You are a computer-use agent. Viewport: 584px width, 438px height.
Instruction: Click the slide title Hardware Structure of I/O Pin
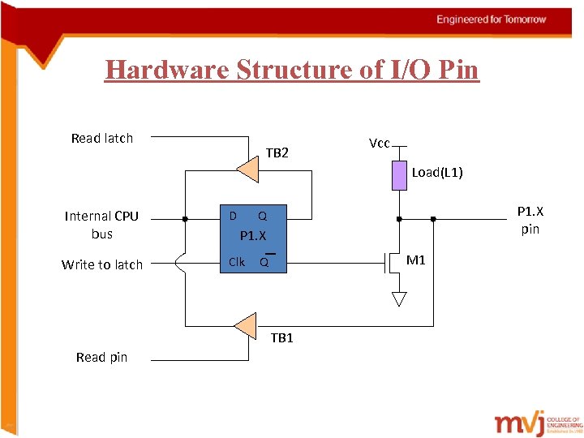click(292, 70)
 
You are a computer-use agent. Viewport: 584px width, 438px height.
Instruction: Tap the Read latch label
click(101, 138)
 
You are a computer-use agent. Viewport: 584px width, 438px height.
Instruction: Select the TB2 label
click(277, 152)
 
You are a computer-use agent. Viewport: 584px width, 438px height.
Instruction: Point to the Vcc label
click(379, 144)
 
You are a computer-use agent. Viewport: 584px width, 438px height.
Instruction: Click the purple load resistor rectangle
click(399, 175)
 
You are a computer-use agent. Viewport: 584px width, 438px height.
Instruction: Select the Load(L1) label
click(437, 172)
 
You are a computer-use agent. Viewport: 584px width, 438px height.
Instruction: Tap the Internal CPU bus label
click(101, 225)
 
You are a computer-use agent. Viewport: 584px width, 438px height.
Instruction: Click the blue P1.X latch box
click(253, 238)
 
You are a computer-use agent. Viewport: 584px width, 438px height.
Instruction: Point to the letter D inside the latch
click(233, 216)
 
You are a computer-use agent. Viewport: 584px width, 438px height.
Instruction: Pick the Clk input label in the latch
click(237, 261)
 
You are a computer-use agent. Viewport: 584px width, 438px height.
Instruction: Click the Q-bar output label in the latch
click(264, 262)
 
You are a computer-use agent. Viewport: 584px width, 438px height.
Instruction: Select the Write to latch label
click(101, 264)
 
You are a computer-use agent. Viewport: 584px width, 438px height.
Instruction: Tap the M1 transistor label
click(416, 260)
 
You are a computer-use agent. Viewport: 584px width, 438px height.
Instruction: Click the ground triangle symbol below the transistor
click(398, 298)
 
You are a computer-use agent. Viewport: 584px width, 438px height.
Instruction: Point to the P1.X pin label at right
click(530, 220)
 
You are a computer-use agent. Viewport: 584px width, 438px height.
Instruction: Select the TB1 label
click(281, 338)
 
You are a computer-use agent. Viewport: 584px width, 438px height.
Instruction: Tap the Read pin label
click(101, 357)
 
